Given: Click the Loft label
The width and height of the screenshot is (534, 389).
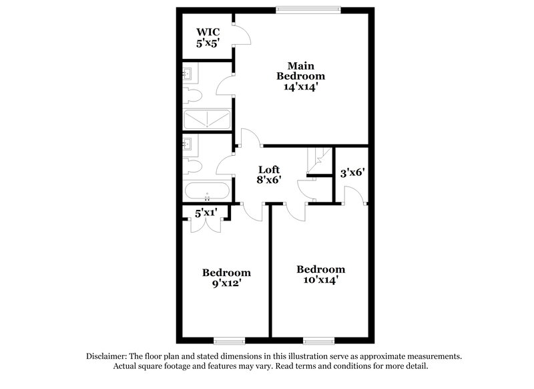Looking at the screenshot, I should click(269, 170).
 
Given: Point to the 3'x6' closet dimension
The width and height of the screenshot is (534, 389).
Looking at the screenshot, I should click(352, 172).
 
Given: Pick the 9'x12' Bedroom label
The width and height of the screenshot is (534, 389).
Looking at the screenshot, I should click(226, 273).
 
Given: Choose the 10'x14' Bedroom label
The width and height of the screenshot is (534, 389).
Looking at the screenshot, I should click(321, 269).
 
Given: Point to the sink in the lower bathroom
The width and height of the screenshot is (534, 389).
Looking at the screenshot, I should click(188, 142).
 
